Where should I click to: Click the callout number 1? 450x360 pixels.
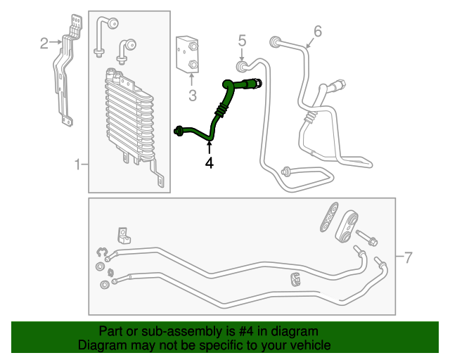(77, 165)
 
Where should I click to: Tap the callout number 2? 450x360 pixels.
(44, 44)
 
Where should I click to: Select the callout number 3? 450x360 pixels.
(193, 96)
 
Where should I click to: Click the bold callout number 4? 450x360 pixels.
(210, 162)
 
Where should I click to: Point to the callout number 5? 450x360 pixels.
(242, 41)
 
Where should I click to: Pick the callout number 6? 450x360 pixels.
(318, 31)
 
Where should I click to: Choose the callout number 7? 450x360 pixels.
(408, 257)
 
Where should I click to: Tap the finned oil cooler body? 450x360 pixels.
(129, 115)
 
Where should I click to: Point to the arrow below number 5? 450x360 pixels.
(242, 54)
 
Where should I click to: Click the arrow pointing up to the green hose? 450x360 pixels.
(210, 148)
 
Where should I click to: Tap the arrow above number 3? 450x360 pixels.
(192, 79)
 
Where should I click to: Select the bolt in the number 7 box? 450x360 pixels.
(366, 238)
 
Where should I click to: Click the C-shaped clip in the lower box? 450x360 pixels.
(101, 252)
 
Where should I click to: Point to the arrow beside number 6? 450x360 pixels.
(309, 44)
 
